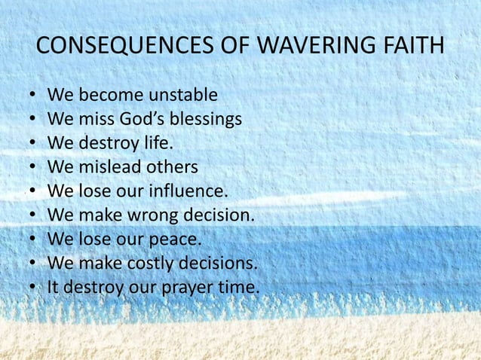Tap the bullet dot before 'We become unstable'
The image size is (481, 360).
pyautogui.click(x=30, y=96)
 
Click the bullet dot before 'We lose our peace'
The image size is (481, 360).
pyautogui.click(x=30, y=239)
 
